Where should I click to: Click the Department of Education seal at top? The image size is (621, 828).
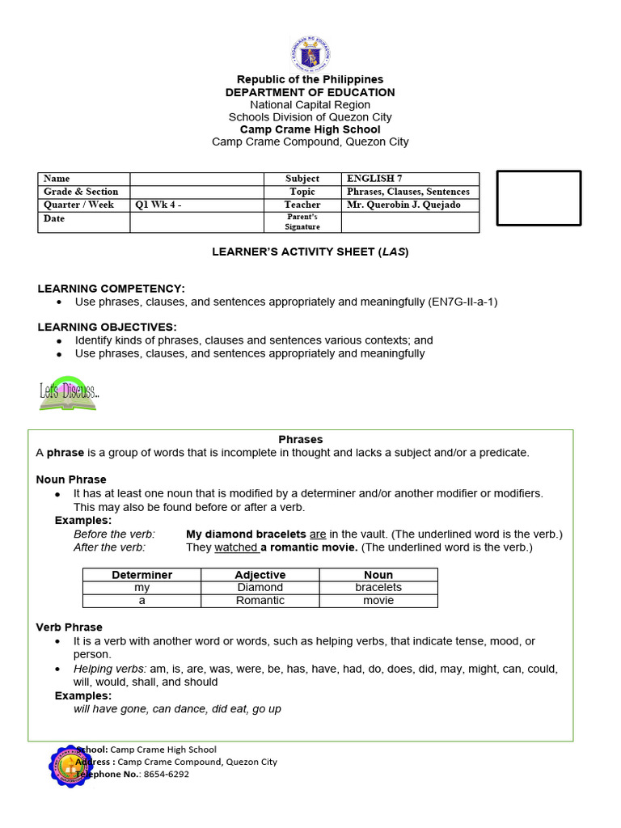[x=310, y=53]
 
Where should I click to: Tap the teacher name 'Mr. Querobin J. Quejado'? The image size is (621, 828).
[x=403, y=205]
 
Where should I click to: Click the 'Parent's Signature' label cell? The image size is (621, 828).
[x=303, y=222]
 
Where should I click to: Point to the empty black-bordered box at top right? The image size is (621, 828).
[x=538, y=198]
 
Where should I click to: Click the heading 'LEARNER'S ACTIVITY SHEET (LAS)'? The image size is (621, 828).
[x=310, y=252]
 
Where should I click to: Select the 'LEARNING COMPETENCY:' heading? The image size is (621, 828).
[x=111, y=289]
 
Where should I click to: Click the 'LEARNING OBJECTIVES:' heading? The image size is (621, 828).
[x=107, y=327]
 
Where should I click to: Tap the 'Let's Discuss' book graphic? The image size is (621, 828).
[x=68, y=393]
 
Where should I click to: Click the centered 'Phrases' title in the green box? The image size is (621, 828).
[x=301, y=440]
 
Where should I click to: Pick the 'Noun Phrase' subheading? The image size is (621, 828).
[x=71, y=479]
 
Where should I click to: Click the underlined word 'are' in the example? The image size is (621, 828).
[x=318, y=534]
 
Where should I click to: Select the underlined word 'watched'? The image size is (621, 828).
[x=235, y=547]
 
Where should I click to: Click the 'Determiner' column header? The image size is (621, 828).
[x=142, y=575]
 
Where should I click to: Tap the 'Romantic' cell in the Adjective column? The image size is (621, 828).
[x=260, y=601]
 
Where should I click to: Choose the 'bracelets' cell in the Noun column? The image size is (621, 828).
[x=378, y=588]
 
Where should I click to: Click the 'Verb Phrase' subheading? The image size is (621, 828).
[x=70, y=627]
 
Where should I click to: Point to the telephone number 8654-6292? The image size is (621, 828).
[x=167, y=774]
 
